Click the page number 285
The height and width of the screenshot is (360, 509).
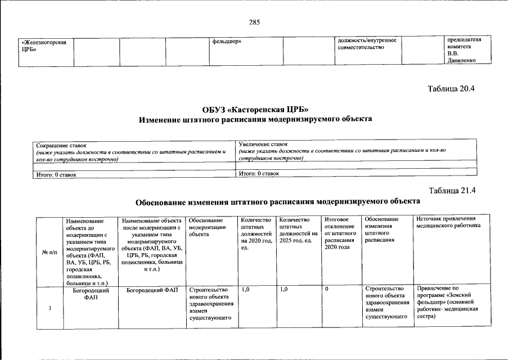(x=254, y=22)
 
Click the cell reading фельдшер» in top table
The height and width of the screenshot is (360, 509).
(x=227, y=41)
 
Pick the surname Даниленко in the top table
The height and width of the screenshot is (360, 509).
(x=462, y=60)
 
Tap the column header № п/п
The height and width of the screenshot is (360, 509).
(x=49, y=251)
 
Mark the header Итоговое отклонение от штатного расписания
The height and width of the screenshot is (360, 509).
(x=340, y=233)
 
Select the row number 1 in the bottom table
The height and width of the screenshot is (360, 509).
(x=49, y=307)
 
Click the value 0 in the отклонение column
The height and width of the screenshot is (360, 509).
(x=327, y=290)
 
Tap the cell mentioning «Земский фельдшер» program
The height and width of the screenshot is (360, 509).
(x=448, y=303)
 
